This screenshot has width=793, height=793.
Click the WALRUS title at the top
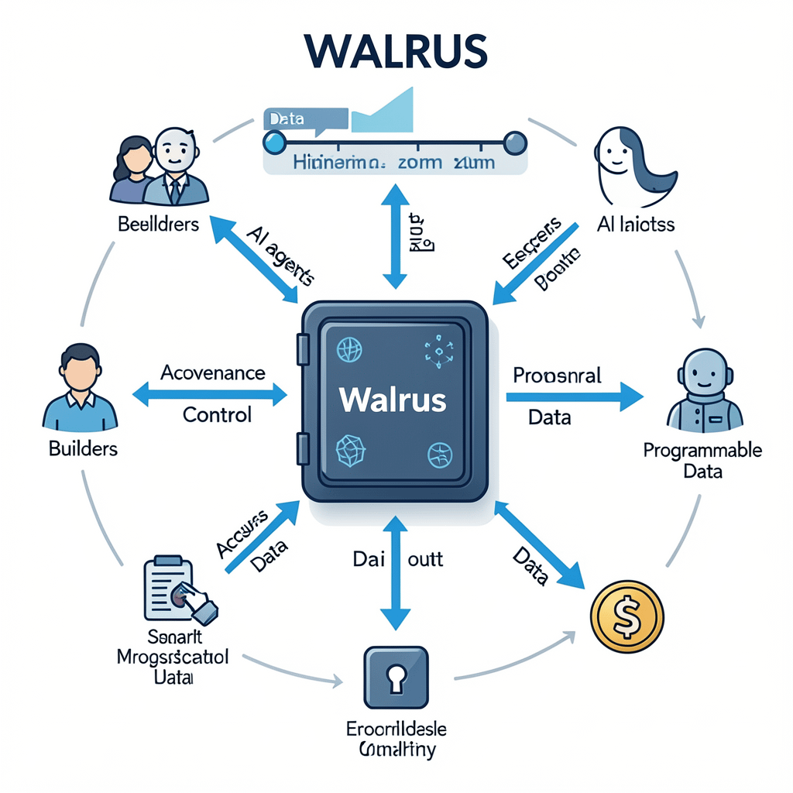point(396,51)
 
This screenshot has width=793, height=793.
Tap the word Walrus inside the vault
point(393,399)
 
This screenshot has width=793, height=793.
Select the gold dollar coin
point(627,617)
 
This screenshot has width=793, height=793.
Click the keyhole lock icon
point(396,678)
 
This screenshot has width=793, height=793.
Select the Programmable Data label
point(702,461)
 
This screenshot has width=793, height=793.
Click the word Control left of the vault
point(218,415)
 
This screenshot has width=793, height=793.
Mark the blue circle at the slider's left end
point(274,142)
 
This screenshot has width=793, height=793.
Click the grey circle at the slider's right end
point(515,142)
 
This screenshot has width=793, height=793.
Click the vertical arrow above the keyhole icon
point(396,575)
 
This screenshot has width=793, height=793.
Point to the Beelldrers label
point(159,225)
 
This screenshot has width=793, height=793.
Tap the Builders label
point(83,448)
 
